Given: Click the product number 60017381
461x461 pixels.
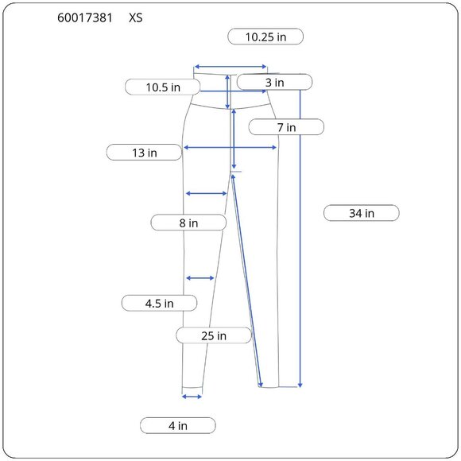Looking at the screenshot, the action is (x=85, y=18).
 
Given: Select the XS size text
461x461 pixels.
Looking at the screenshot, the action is (x=136, y=18).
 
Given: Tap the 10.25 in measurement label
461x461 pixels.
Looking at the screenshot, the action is (x=265, y=37).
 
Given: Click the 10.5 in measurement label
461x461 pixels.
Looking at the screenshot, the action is (x=163, y=87).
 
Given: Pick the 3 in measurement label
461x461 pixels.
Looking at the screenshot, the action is (x=274, y=83).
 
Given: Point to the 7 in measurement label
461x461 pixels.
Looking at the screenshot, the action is (x=286, y=127).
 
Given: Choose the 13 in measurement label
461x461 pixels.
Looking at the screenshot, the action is (x=144, y=153).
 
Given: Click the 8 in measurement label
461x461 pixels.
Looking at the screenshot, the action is (x=188, y=223).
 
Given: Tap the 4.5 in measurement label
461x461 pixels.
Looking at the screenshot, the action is (x=159, y=303).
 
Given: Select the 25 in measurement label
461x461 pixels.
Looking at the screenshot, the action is (x=214, y=335).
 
